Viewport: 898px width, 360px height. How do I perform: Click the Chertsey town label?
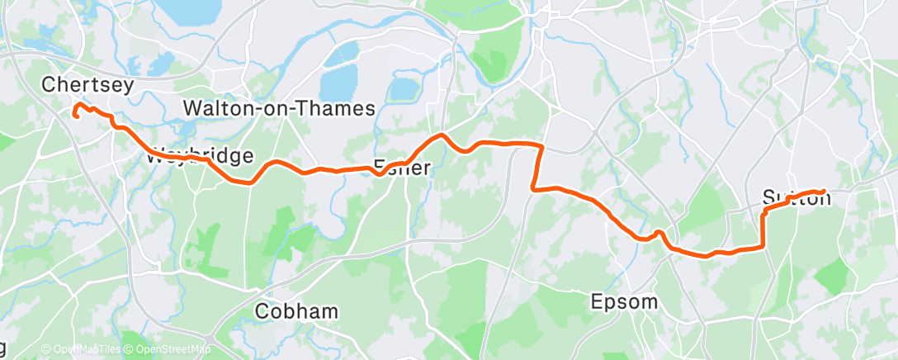[87, 84]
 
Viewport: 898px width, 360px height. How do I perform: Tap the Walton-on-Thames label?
[279, 108]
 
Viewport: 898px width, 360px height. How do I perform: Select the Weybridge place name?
[201, 156]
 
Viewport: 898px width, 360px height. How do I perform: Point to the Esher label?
[402, 168]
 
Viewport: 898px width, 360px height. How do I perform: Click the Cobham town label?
[296, 311]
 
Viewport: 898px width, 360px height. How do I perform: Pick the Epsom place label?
[625, 301]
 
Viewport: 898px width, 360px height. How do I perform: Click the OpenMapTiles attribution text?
[80, 350]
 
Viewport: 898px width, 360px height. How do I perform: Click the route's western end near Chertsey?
[75, 116]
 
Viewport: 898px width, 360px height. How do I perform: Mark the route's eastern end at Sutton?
[824, 192]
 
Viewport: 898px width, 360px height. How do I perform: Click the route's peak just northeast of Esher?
[442, 135]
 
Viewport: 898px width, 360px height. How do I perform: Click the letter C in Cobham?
[263, 311]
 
